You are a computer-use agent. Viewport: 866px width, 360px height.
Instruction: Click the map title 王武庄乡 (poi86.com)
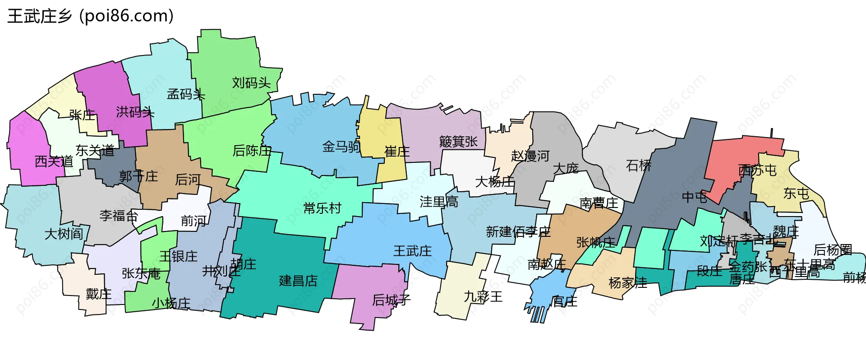(x=90, y=16)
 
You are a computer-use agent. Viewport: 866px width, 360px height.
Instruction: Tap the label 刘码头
(x=251, y=83)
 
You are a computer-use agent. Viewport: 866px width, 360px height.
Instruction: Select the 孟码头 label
(x=186, y=94)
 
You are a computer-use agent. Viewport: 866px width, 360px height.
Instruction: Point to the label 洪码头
(x=135, y=112)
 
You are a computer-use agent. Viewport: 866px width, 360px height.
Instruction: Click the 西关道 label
(x=54, y=162)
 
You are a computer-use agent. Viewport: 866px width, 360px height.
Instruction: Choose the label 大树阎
(x=64, y=234)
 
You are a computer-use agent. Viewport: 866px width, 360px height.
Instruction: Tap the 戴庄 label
(x=98, y=294)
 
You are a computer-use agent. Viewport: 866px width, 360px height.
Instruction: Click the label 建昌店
(x=298, y=281)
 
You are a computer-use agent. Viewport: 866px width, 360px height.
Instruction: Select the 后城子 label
(x=391, y=300)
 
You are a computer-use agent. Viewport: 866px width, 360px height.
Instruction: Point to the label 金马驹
(x=341, y=147)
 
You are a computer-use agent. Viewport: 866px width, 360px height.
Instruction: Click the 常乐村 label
(x=322, y=208)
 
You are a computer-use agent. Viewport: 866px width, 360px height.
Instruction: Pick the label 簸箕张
(x=458, y=142)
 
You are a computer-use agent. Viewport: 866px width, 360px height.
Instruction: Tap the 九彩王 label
(x=483, y=297)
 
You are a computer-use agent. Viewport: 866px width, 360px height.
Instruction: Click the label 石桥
(x=639, y=166)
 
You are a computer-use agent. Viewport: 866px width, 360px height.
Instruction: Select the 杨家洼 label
(x=627, y=283)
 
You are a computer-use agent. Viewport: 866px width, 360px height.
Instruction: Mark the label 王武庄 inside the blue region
(x=412, y=251)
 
